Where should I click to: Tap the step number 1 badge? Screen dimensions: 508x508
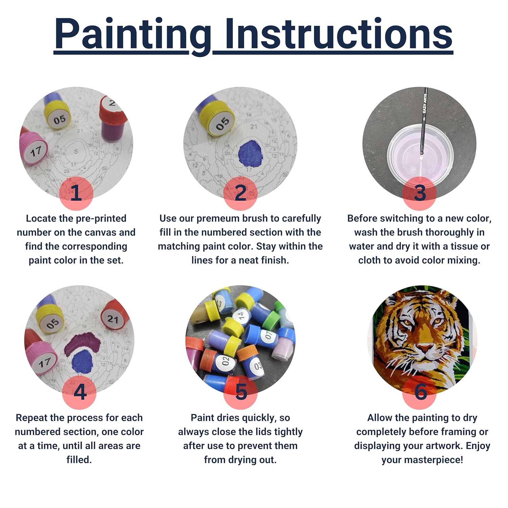[76, 193]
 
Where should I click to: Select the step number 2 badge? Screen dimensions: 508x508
[240, 193]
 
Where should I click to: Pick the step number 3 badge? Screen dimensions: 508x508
[419, 193]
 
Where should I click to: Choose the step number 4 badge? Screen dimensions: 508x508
[80, 392]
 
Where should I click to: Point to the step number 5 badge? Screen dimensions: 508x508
[240, 392]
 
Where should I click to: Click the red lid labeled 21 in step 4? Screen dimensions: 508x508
[113, 319]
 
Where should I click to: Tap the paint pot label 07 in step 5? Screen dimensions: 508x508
[269, 335]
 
